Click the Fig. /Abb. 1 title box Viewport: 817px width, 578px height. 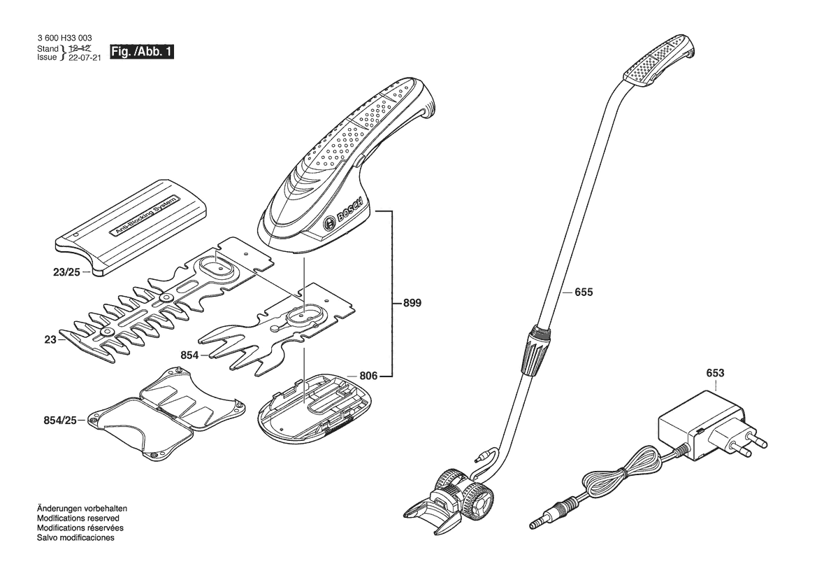[141, 52]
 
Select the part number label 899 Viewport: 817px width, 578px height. [412, 303]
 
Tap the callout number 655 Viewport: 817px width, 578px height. [584, 292]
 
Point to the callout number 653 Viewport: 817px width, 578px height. [716, 373]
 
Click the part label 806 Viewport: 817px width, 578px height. [368, 376]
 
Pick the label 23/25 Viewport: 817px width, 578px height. [66, 272]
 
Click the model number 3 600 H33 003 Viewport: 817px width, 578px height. [64, 38]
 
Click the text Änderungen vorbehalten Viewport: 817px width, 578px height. [82, 509]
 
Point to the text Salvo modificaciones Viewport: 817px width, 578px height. [75, 537]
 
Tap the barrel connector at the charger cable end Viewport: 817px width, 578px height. [552, 512]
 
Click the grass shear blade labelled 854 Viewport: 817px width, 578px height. [277, 329]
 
